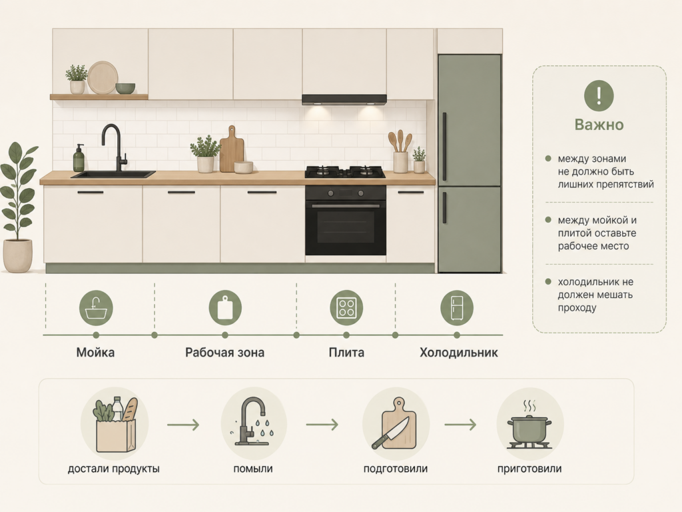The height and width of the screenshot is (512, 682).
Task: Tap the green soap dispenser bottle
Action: click(x=79, y=158)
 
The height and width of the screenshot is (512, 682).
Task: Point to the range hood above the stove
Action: click(x=344, y=100)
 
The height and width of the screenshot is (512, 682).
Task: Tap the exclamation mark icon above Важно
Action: click(x=599, y=95)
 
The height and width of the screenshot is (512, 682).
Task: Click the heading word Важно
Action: click(x=599, y=125)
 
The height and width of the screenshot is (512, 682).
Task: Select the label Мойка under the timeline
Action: click(x=95, y=352)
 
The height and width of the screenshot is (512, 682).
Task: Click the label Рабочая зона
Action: click(x=225, y=352)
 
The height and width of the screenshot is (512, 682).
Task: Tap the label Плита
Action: click(x=346, y=352)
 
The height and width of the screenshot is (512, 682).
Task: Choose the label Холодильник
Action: click(x=458, y=352)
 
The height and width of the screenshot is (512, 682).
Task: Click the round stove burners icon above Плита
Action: click(x=346, y=308)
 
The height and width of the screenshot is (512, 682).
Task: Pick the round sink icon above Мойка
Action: click(x=96, y=308)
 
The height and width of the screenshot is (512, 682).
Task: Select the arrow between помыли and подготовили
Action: click(x=322, y=425)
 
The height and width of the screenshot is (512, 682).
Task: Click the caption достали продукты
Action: click(x=113, y=469)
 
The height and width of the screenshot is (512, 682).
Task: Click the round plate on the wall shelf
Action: click(x=103, y=77)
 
